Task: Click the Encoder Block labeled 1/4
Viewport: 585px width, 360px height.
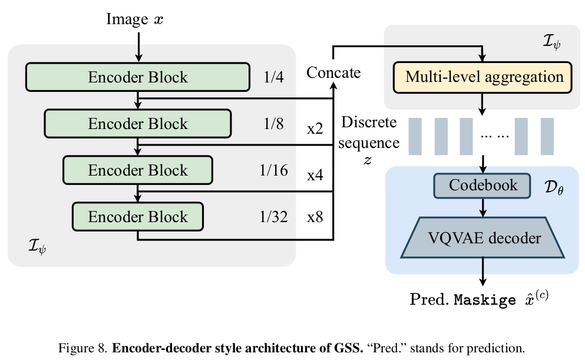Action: [x=138, y=77]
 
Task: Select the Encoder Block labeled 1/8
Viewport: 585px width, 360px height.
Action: [x=138, y=123]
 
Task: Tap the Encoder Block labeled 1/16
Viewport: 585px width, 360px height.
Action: [x=138, y=170]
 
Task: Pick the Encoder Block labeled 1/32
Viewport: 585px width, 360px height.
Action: [x=138, y=216]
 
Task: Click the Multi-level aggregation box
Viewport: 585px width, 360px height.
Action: [x=484, y=77]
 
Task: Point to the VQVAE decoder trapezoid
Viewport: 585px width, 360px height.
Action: [x=483, y=237]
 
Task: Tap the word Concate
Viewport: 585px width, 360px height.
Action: [x=333, y=72]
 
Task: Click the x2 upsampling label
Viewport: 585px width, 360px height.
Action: [x=315, y=128]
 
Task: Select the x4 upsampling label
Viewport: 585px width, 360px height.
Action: [x=315, y=174]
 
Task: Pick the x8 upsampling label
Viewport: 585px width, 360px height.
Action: [x=315, y=217]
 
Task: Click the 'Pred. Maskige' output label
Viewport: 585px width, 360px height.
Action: [x=479, y=299]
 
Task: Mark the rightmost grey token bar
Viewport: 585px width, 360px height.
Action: [x=547, y=136]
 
